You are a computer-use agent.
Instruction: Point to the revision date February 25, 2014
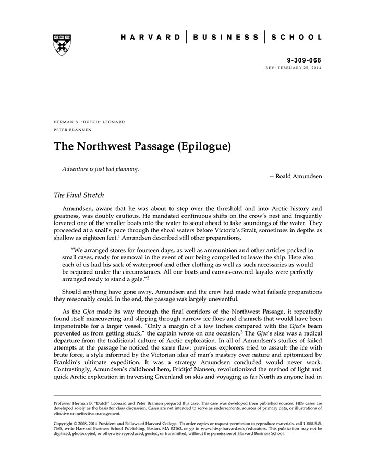[x=302, y=68]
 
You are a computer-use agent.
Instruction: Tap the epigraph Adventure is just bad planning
[x=101, y=169]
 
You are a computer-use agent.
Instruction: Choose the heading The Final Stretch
[x=79, y=196]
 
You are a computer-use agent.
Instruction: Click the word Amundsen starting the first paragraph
[x=87, y=209]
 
